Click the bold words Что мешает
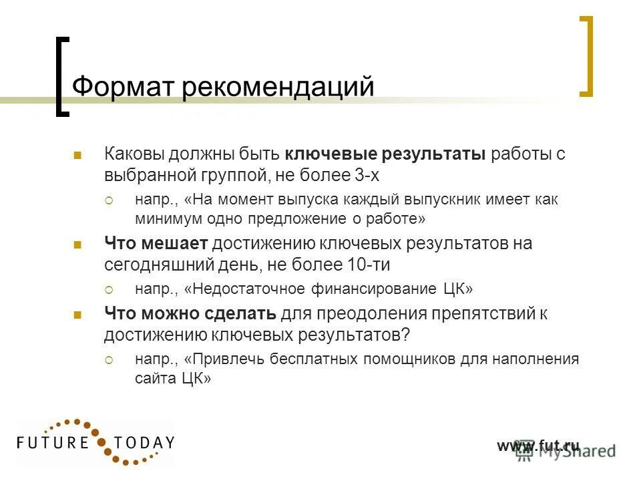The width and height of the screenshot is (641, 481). coord(157,244)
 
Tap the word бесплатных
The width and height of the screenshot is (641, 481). coord(316,359)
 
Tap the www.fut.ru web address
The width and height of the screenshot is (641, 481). coord(538,446)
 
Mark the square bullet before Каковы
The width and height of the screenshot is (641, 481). coord(77,156)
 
